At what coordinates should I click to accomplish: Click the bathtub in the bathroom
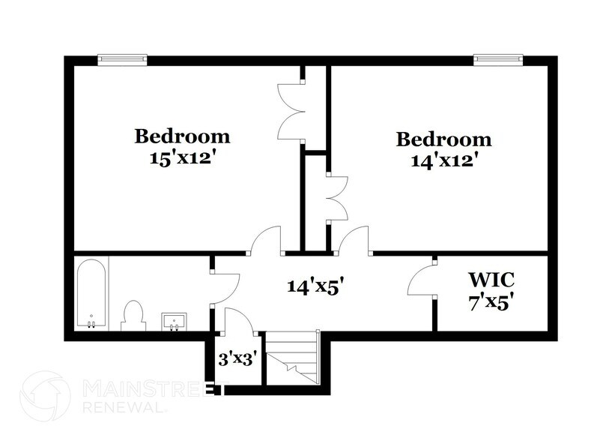coord(91,294)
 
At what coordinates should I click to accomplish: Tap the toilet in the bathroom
coord(133,316)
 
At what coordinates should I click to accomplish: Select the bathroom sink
coord(175,321)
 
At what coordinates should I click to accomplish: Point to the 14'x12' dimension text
coord(444,160)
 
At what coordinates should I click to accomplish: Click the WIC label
coord(491,280)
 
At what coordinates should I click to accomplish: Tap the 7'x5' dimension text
coord(491,303)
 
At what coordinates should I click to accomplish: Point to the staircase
coord(293,360)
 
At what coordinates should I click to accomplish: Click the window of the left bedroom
coord(122,59)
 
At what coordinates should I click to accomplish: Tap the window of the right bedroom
coord(498,59)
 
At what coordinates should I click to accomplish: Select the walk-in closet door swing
coord(422,281)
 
